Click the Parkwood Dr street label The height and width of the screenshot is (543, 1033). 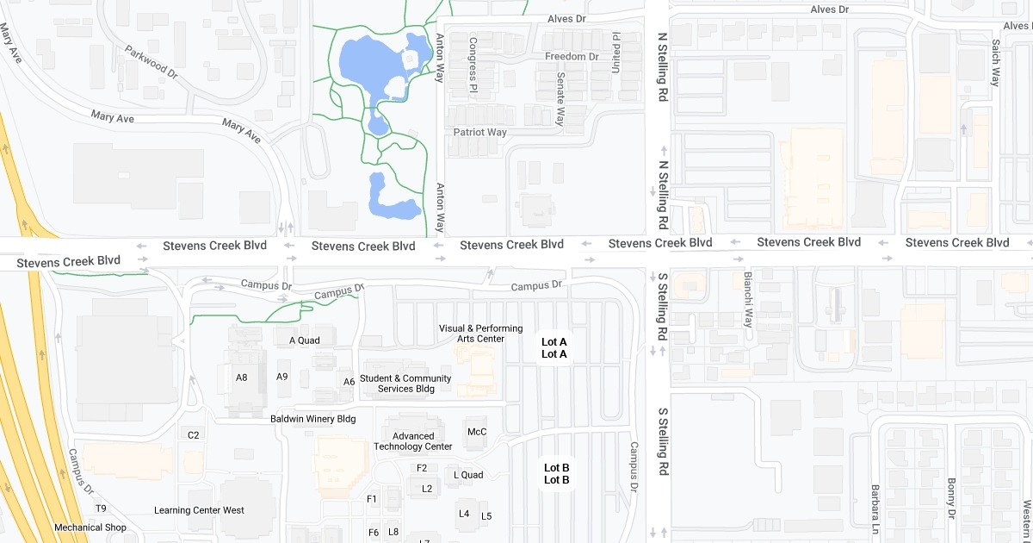click(x=151, y=63)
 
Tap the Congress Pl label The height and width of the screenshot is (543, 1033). click(x=473, y=65)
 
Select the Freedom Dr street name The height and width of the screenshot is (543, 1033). click(x=572, y=57)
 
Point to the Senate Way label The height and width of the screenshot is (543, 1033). click(x=560, y=98)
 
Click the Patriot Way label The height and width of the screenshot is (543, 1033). click(x=480, y=133)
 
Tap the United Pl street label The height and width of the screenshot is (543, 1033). click(x=615, y=52)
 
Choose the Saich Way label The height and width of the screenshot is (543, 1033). click(x=995, y=63)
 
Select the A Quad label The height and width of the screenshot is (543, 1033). click(x=304, y=340)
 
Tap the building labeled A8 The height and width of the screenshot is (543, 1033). click(x=242, y=377)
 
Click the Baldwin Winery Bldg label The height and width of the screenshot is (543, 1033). click(x=312, y=419)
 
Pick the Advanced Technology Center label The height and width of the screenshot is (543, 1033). click(x=413, y=441)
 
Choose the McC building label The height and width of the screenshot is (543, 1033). click(x=477, y=432)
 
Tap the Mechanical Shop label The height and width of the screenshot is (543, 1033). click(x=90, y=527)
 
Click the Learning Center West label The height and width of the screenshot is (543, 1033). click(x=199, y=510)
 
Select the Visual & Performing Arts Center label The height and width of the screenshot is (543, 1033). click(x=481, y=334)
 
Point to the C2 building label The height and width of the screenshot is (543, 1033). click(x=194, y=435)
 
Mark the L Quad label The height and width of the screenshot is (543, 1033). click(x=468, y=475)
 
